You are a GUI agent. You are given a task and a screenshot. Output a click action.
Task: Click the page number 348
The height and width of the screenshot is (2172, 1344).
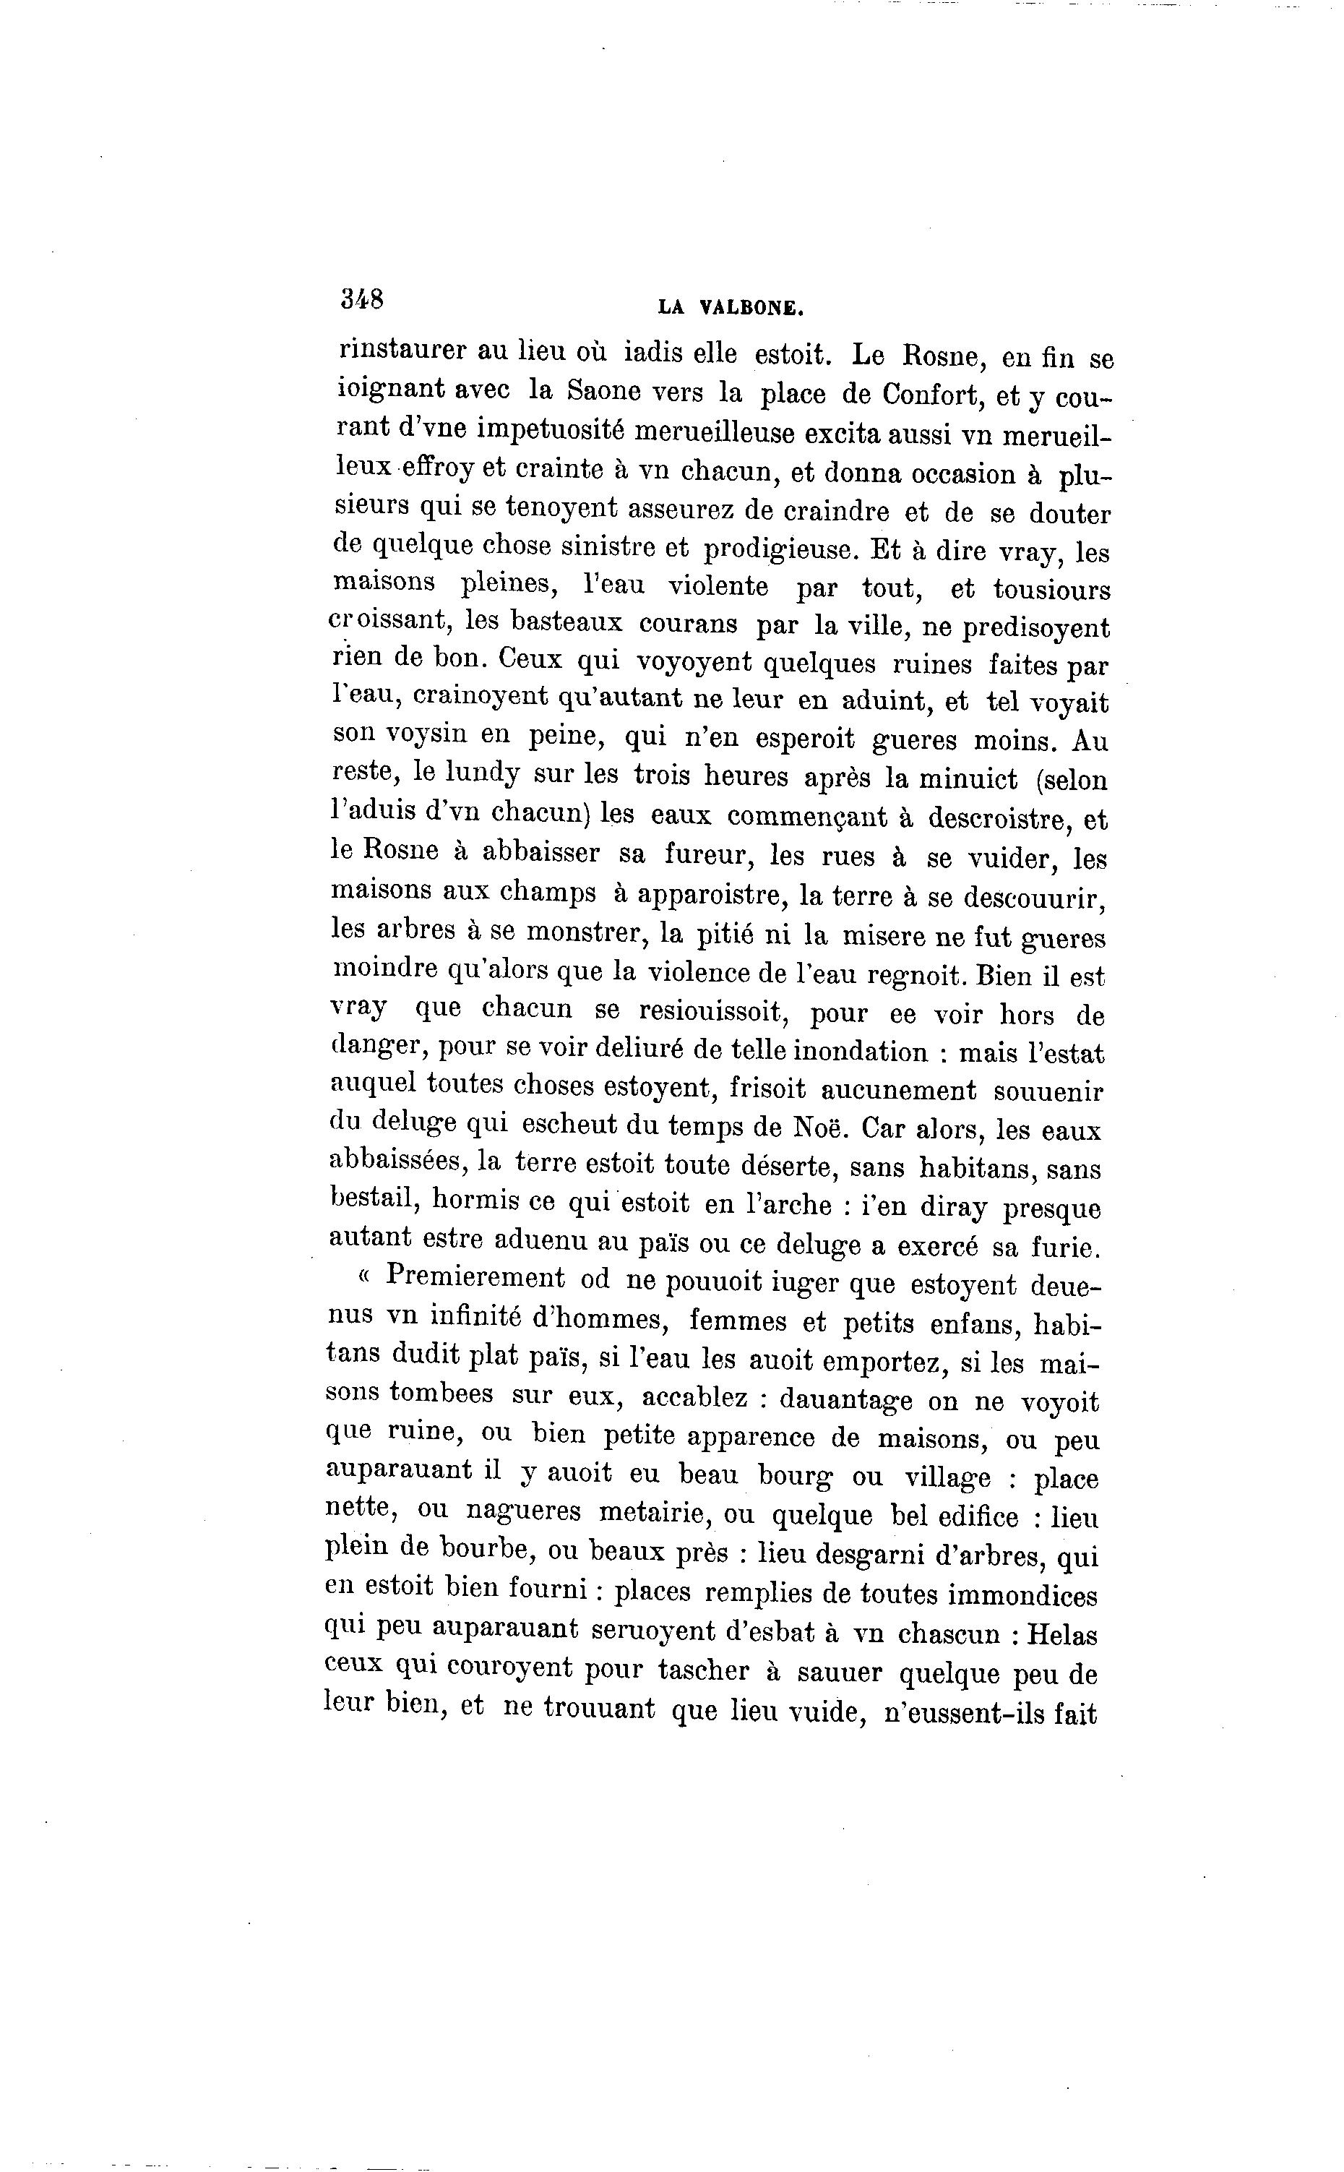click(362, 298)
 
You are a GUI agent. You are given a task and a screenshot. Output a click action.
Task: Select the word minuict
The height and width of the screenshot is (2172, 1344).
click(968, 779)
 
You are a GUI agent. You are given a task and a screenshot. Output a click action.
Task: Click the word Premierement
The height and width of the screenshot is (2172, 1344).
click(475, 1278)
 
